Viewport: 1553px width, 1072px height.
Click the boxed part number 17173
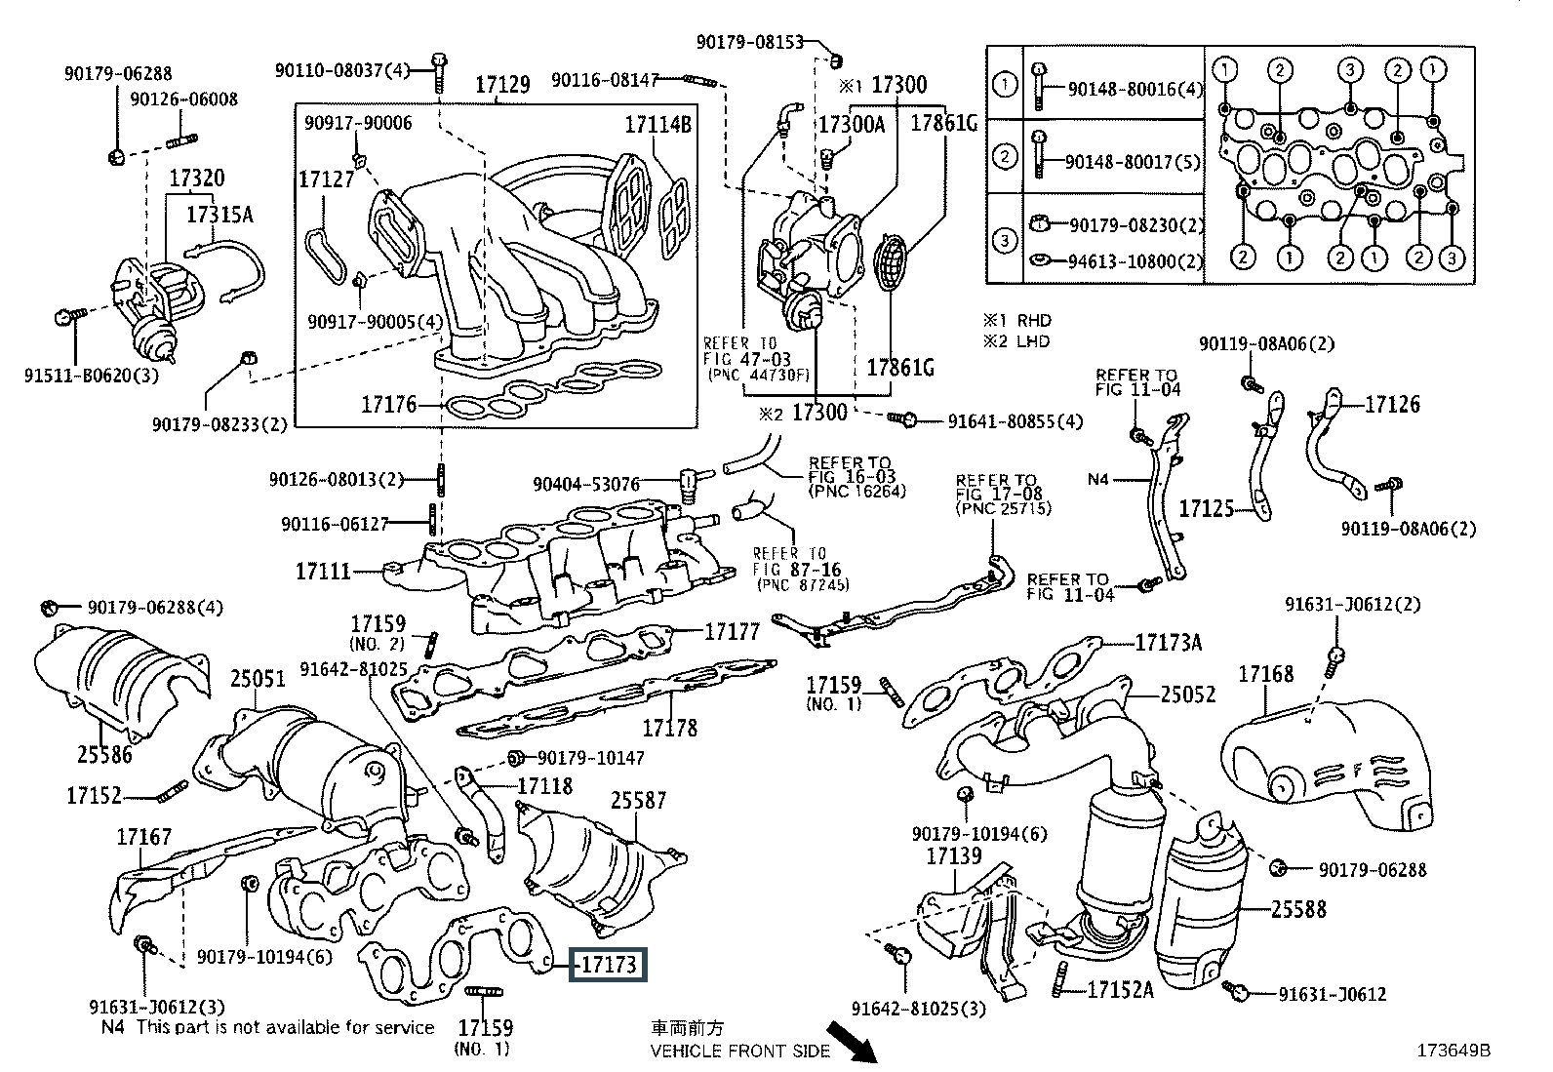[610, 966]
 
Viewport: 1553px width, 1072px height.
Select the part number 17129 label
[502, 85]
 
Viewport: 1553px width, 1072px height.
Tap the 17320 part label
[196, 179]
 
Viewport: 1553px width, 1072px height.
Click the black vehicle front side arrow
[850, 1043]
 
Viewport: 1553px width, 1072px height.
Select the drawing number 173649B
[1454, 1051]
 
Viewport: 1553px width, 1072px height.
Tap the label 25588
[1298, 909]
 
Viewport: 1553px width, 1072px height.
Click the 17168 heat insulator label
[1266, 674]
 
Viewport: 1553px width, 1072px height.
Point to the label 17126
[1392, 404]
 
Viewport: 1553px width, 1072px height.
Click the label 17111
[323, 571]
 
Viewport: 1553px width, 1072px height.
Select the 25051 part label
[258, 679]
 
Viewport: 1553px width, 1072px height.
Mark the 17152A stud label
[1120, 990]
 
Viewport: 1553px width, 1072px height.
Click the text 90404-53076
[586, 484]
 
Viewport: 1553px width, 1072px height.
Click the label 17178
[669, 727]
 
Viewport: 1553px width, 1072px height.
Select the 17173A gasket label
[1169, 642]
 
